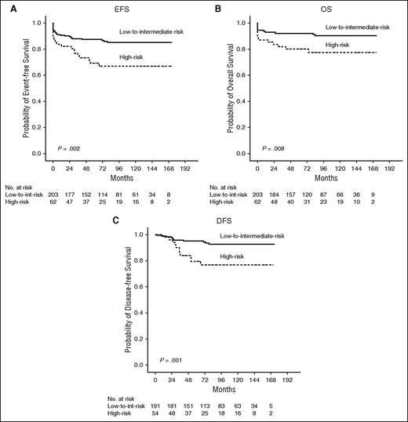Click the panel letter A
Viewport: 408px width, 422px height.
[x=7, y=6]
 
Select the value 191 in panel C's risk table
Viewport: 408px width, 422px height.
[x=158, y=407]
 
